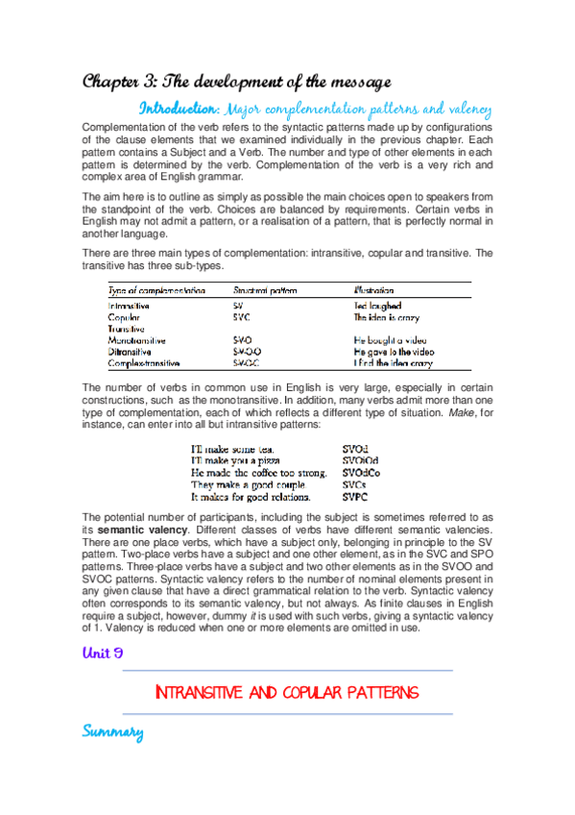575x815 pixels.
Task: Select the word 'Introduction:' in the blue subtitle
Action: click(180, 107)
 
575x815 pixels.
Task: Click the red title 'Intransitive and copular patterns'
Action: click(287, 692)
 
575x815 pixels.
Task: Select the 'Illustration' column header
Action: click(373, 289)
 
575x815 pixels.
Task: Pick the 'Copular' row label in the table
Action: click(125, 315)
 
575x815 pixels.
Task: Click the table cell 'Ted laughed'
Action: click(377, 305)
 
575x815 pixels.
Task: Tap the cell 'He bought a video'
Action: click(390, 340)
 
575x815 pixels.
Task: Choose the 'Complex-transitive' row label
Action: click(144, 363)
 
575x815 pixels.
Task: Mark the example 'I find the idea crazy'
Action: click(393, 363)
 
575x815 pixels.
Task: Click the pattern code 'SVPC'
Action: click(356, 498)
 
